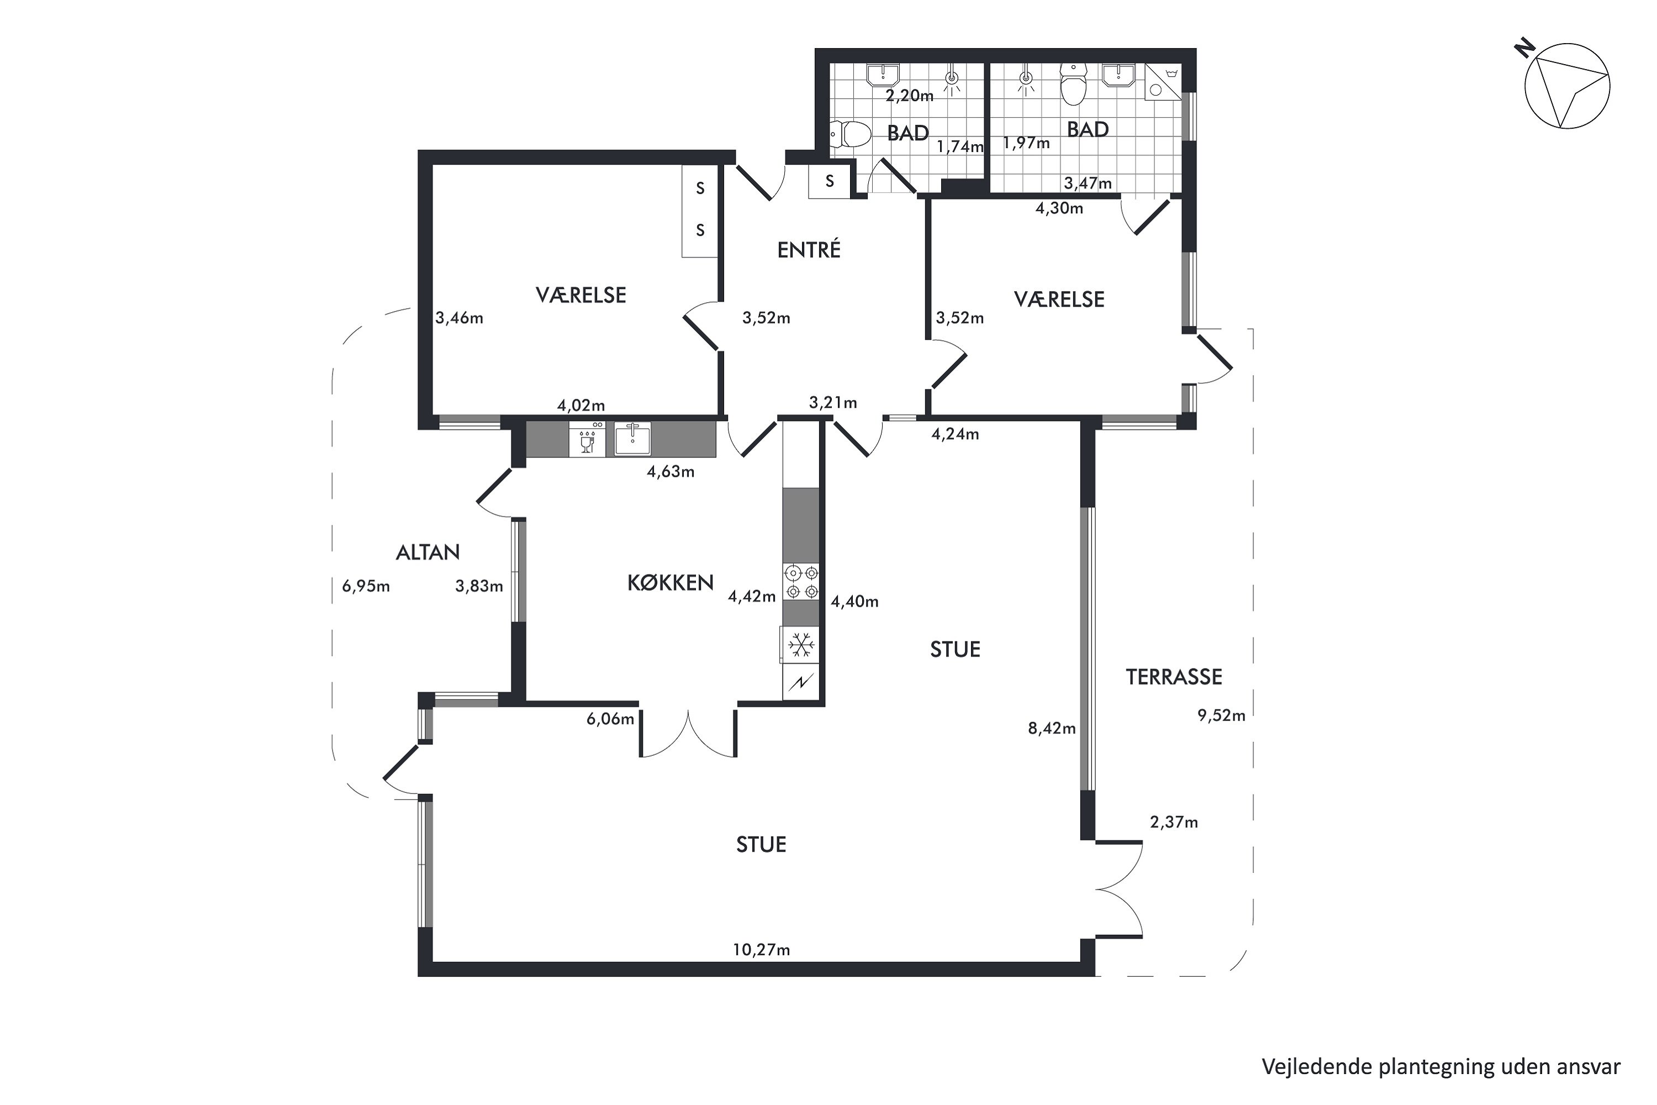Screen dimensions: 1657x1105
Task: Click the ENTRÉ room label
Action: point(808,250)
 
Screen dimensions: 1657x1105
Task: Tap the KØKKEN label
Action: point(670,583)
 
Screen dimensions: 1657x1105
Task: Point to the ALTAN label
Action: point(428,552)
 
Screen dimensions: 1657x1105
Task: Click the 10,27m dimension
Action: point(761,950)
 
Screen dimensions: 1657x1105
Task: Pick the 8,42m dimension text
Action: point(1052,729)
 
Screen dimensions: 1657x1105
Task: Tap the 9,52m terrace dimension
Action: point(1221,716)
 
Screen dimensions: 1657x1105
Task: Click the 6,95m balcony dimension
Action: point(366,586)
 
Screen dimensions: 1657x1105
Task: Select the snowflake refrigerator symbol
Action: point(800,645)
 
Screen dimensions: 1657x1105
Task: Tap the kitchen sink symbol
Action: point(632,438)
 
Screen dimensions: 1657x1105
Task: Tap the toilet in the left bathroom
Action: point(849,134)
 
